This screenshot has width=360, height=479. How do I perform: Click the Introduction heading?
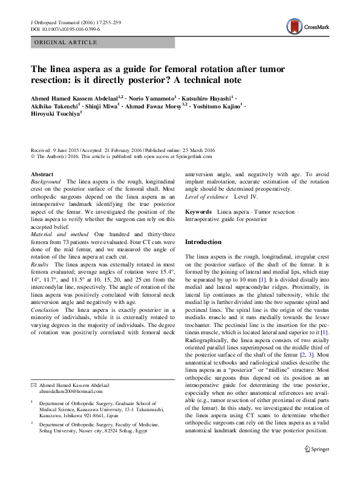click(x=203, y=242)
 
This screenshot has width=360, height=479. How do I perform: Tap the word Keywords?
click(x=198, y=213)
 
